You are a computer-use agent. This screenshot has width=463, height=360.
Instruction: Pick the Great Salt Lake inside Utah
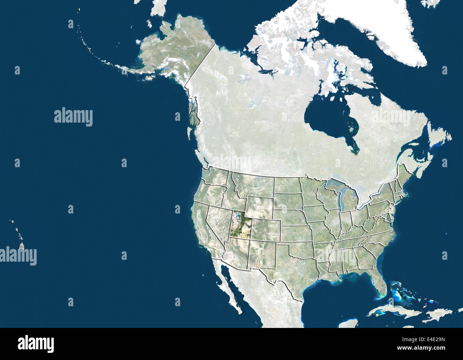point(236,215)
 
